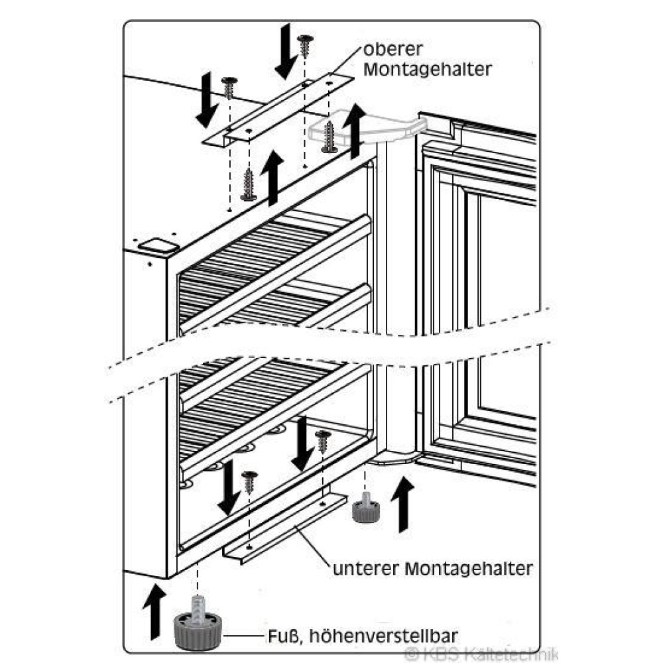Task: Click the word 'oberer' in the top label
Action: (392, 50)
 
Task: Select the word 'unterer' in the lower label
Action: (366, 569)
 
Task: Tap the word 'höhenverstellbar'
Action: (383, 636)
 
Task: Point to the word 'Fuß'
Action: (284, 636)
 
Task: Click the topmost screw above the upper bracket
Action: (305, 46)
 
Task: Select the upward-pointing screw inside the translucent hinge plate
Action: (330, 137)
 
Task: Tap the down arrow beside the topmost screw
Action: (286, 51)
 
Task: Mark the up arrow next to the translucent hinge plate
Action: (354, 131)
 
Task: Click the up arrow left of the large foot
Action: (154, 611)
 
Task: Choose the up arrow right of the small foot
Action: (402, 504)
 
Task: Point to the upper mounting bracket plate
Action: (278, 110)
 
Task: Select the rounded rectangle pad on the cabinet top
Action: (159, 246)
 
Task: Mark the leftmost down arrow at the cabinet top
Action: (207, 100)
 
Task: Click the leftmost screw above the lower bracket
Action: (249, 483)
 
